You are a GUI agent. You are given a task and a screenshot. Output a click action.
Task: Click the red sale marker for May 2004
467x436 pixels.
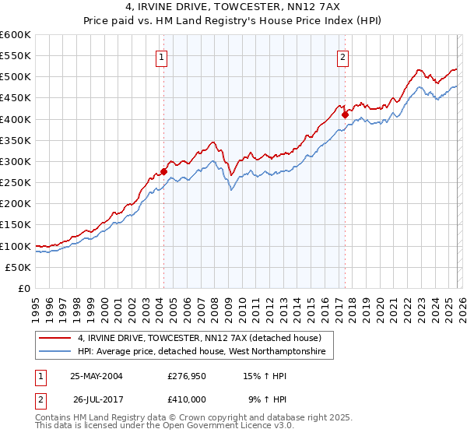click(164, 171)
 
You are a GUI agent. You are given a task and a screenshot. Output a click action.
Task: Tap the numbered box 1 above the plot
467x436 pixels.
click(161, 56)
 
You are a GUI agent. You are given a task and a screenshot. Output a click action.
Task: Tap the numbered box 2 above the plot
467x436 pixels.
click(342, 56)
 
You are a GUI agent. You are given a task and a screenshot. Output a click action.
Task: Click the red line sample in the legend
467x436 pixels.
click(55, 338)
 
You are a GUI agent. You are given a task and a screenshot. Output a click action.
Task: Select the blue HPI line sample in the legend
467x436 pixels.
click(55, 353)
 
